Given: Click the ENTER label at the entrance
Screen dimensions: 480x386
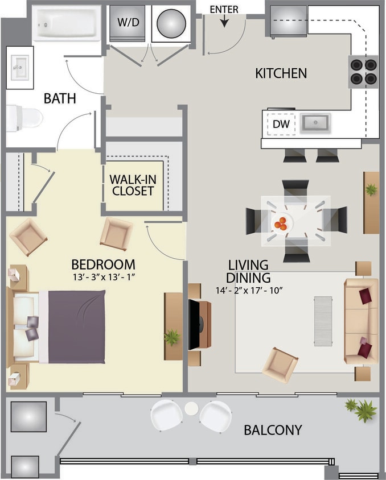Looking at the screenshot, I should coord(224,10).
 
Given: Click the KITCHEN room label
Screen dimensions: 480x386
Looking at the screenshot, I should coord(281,73).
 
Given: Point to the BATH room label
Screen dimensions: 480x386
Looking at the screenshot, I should coord(60,98).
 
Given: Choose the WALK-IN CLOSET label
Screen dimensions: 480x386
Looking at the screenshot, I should coord(133,184).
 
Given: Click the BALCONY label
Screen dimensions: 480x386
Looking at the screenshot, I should coord(273,430).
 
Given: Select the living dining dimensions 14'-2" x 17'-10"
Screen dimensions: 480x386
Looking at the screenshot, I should coord(248,290).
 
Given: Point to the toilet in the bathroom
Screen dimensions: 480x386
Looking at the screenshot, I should coord(24,118).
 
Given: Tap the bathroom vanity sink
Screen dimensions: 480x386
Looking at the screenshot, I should coord(20,68).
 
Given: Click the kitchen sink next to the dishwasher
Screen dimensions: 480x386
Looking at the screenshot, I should coord(315,123).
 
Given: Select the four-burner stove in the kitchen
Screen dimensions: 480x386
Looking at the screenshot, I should coord(363,72).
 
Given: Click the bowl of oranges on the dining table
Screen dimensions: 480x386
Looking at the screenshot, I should coord(280,224).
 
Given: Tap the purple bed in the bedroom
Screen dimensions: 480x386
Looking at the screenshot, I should coord(76,326).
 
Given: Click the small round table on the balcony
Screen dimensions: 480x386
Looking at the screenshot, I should coord(191,408).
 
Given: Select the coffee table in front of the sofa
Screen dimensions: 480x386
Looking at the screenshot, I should coord(322,320).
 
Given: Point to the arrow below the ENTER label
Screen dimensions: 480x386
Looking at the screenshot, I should coord(224,21).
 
